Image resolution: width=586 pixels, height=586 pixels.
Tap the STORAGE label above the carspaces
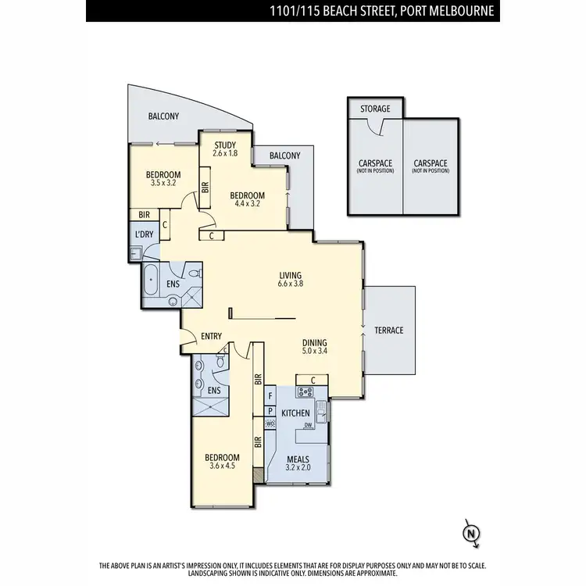click(x=375, y=109)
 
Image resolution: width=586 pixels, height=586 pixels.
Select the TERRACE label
click(x=388, y=331)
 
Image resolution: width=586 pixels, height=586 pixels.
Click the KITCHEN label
click(x=296, y=413)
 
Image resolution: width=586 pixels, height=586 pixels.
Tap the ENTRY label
click(x=212, y=336)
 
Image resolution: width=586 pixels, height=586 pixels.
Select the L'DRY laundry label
click(x=144, y=234)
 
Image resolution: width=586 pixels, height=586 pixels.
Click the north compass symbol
click(x=471, y=534)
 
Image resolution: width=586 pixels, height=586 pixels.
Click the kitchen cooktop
click(x=305, y=393)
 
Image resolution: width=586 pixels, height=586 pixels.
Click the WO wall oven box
click(x=270, y=423)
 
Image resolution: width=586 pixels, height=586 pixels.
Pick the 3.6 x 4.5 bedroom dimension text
click(x=222, y=466)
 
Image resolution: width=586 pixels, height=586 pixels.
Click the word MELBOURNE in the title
click(x=461, y=11)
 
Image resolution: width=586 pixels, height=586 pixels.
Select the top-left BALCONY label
click(x=163, y=116)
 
